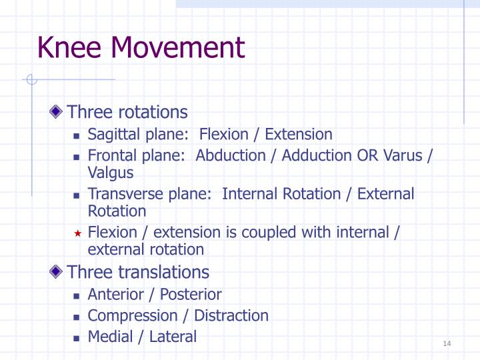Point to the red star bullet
pyautogui.click(x=77, y=233)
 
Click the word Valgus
pyautogui.click(x=111, y=173)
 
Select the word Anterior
pyautogui.click(x=113, y=295)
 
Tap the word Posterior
pyautogui.click(x=189, y=295)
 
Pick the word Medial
pyautogui.click(x=109, y=337)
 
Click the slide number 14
pyautogui.click(x=447, y=343)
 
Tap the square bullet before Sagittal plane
pyautogui.click(x=77, y=135)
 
